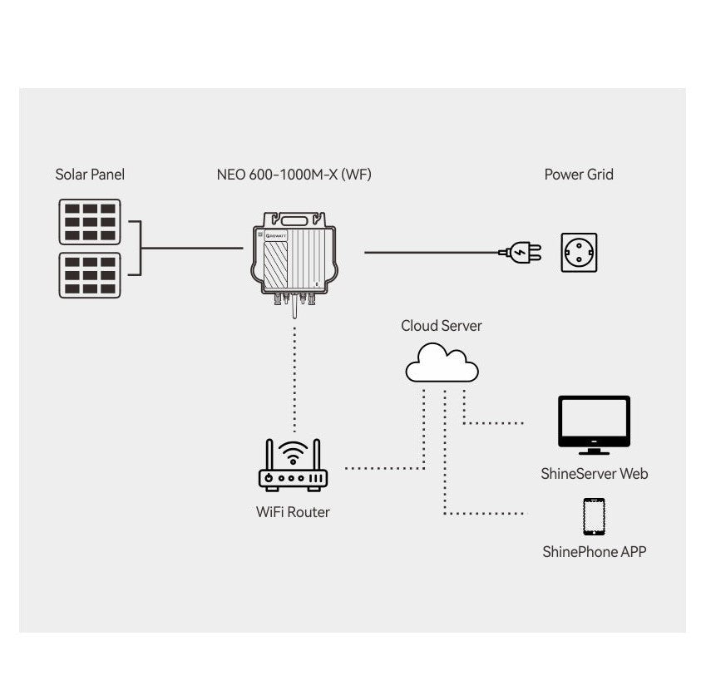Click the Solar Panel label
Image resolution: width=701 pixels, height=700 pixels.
[90, 175]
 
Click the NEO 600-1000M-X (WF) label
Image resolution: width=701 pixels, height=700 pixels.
[294, 175]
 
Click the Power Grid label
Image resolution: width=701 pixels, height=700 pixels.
[579, 175]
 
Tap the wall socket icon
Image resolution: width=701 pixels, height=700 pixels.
[579, 252]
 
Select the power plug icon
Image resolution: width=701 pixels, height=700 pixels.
[521, 251]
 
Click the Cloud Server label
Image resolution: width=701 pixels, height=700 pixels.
[441, 326]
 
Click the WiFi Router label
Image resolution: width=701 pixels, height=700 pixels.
[293, 512]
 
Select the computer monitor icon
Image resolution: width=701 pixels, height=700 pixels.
[594, 424]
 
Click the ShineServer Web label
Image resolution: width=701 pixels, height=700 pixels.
[594, 474]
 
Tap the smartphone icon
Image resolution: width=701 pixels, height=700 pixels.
[594, 516]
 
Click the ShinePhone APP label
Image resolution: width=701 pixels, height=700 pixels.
[594, 551]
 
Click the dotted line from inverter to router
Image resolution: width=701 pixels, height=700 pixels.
[294, 374]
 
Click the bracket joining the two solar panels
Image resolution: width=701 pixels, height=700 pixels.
[138, 248]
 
